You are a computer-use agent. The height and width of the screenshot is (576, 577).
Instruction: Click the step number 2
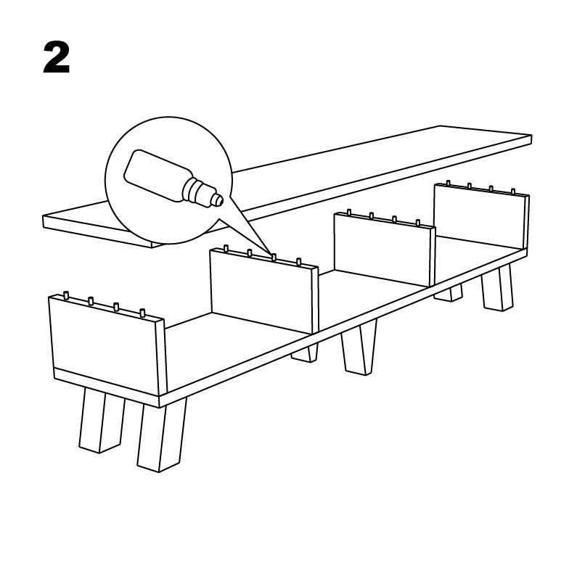click(x=57, y=57)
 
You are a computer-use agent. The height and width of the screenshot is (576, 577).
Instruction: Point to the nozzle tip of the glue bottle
click(x=219, y=200)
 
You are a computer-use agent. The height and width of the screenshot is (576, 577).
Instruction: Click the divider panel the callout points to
click(x=263, y=291)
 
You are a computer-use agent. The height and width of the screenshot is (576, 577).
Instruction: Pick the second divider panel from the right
click(x=385, y=250)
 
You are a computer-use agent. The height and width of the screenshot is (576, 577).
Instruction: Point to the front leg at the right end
click(x=496, y=287)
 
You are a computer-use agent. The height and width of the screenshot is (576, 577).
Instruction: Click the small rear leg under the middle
click(x=305, y=353)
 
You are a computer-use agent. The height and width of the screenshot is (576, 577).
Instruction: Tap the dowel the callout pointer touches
click(x=274, y=257)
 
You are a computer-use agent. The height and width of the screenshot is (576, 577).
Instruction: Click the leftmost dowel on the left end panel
click(x=66, y=295)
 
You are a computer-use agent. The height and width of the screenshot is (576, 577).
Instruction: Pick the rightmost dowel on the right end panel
click(x=513, y=192)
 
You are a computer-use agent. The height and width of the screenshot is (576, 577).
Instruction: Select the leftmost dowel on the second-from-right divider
click(x=349, y=213)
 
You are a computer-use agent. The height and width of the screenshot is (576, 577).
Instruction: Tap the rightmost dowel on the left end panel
click(x=142, y=313)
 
